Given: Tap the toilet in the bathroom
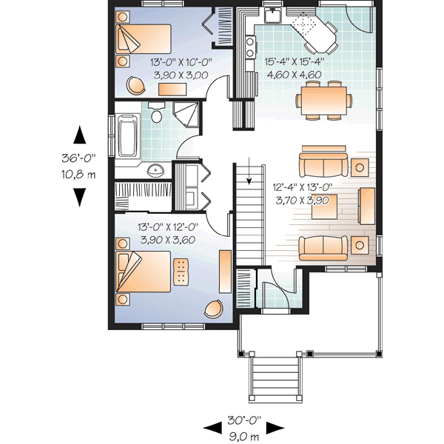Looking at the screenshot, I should [x=156, y=115].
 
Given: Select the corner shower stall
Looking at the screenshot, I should [x=186, y=115].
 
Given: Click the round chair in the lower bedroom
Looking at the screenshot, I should [x=214, y=309].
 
